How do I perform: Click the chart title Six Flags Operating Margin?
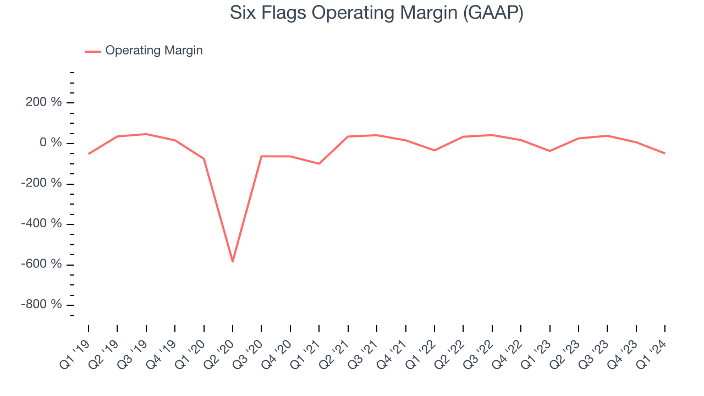point(376,13)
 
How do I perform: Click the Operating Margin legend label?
point(153,51)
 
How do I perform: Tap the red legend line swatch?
point(92,51)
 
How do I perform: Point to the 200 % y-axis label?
point(43,103)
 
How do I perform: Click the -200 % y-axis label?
point(41,184)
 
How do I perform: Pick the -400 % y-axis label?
point(41,224)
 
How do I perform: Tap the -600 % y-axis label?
point(41,264)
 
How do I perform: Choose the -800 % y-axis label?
point(41,305)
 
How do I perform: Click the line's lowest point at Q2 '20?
point(233,261)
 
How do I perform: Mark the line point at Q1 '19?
point(89,153)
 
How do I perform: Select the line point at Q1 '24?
point(665,153)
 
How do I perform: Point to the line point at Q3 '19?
point(146,134)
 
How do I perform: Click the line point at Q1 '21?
point(319,163)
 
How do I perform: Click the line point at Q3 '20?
point(261,156)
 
